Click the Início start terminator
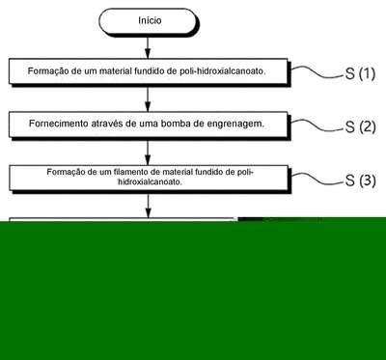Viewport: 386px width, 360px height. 149,21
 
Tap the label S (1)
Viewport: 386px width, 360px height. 360,74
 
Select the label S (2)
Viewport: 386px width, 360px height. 360,127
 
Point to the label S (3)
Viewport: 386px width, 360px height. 360,180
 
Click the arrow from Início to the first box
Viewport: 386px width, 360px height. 148,47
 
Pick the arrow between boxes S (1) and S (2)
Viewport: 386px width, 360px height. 148,99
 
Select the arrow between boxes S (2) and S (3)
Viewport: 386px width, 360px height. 148,152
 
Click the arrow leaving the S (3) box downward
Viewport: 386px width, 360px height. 148,206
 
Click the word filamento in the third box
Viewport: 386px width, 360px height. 130,172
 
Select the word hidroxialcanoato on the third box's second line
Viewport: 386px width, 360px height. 150,181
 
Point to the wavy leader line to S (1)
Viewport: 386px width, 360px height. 317,72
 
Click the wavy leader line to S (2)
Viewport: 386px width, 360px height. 317,125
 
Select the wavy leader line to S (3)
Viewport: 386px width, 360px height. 317,179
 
